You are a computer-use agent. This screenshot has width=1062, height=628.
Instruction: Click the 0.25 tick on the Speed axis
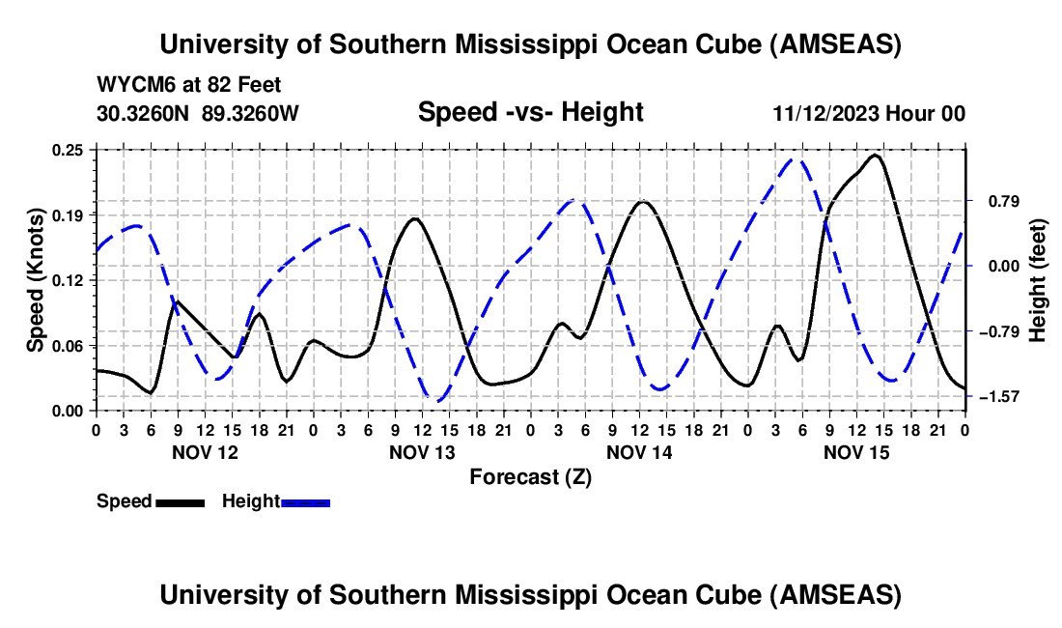point(70,150)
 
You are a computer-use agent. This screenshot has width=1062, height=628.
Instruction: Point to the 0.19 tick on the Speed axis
point(70,214)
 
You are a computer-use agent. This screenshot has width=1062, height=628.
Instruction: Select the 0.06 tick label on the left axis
point(70,345)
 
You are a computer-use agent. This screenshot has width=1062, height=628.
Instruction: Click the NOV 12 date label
point(204,451)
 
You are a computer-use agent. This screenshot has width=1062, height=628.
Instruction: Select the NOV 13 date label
point(422,451)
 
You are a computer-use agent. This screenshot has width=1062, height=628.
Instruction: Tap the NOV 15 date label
point(856,451)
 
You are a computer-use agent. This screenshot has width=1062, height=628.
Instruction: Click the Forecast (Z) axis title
point(530,476)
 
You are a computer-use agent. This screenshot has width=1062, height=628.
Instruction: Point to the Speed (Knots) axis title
point(36,280)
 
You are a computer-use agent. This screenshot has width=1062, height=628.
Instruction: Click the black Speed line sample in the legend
point(180,501)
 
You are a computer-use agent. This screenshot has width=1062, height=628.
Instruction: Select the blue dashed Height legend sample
point(305,501)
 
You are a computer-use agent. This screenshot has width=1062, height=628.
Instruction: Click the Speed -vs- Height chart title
point(530,112)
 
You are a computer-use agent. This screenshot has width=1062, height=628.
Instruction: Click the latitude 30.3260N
point(145,113)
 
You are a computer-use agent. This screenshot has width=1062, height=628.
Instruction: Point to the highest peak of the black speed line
point(876,155)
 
